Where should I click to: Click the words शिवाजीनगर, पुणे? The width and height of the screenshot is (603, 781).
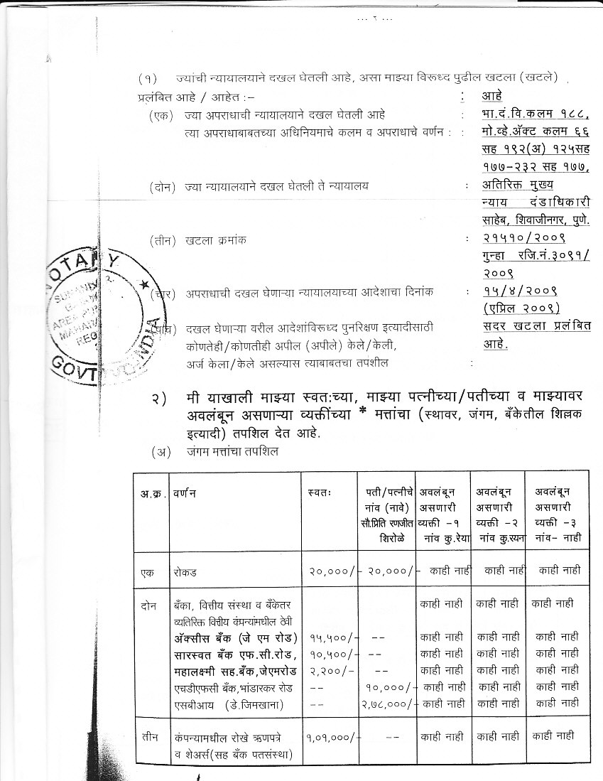coord(547,220)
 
